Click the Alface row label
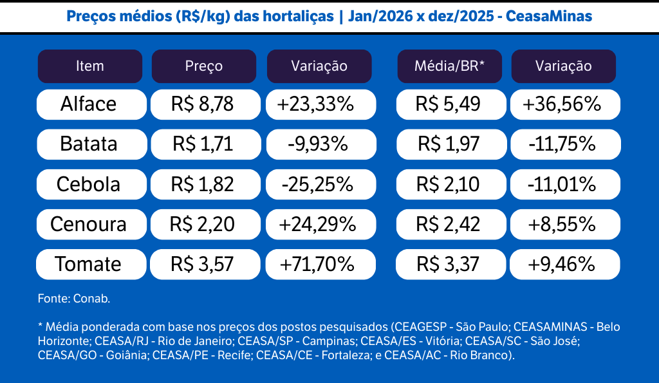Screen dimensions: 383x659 point(89,104)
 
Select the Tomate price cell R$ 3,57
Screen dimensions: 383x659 point(202,265)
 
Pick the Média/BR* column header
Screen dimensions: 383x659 point(449,66)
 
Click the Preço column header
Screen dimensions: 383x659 point(204,66)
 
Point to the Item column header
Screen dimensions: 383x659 point(90,66)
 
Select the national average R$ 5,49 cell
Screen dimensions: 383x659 point(448,104)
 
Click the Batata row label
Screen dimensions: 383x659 point(89,144)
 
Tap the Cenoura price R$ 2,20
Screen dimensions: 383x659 point(202,225)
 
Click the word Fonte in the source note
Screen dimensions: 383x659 point(53,299)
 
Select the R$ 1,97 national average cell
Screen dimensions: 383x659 point(448,144)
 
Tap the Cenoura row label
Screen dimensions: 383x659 point(89,225)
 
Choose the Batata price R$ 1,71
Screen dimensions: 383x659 point(202,144)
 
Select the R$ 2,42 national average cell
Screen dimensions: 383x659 point(448,225)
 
